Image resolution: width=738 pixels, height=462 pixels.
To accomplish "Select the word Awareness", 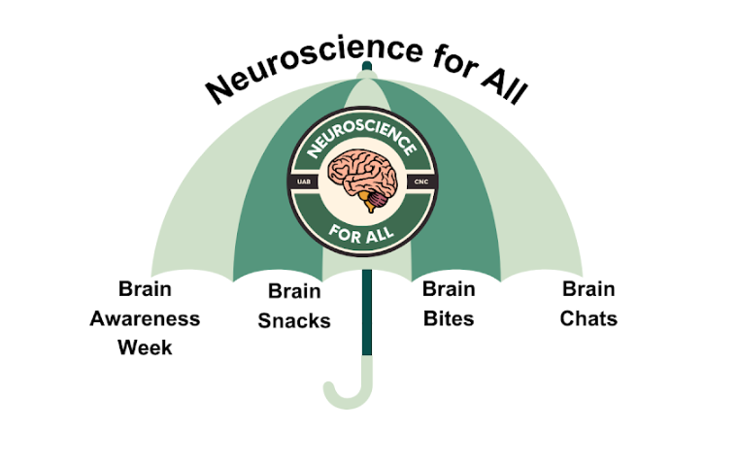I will tap(145, 318).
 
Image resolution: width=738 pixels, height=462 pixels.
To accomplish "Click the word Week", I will tap(145, 346).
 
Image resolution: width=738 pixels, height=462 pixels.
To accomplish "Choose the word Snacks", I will tap(294, 321).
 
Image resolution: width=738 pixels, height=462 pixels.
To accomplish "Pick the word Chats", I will tap(588, 318).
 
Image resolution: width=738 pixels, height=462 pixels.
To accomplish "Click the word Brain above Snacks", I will tap(294, 291).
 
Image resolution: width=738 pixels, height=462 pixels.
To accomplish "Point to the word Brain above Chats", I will tap(588, 289).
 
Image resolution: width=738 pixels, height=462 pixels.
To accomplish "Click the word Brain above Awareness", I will tap(145, 289).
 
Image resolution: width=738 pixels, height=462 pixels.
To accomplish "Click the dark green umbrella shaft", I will tap(367, 311).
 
